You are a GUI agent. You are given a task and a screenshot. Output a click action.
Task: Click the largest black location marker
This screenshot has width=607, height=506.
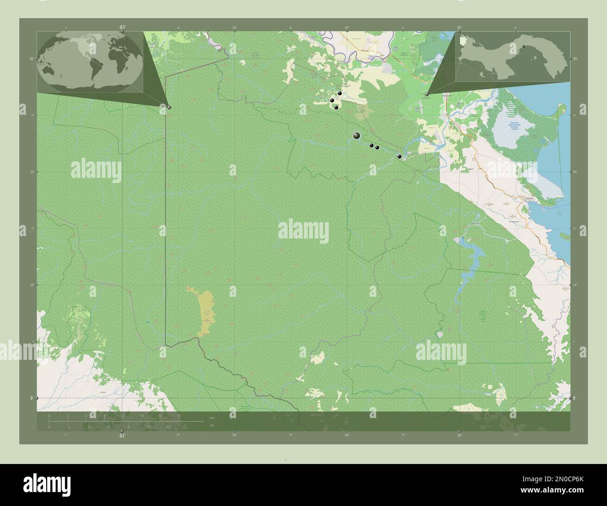click(357, 136)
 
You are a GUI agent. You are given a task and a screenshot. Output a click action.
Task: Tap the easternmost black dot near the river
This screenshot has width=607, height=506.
click(399, 156)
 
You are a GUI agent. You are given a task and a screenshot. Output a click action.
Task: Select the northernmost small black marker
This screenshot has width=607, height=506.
click(340, 94)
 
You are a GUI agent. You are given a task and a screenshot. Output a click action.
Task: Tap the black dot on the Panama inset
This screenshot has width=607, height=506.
click(523, 46)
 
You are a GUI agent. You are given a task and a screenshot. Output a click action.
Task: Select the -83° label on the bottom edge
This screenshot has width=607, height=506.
click(121, 436)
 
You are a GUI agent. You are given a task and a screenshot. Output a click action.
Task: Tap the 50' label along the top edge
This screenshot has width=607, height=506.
click(234, 28)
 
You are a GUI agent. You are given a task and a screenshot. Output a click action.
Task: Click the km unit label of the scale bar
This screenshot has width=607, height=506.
click(212, 417)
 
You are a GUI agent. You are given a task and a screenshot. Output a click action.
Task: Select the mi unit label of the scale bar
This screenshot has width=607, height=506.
click(212, 425)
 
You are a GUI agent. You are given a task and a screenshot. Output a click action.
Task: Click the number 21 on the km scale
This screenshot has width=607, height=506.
click(179, 415)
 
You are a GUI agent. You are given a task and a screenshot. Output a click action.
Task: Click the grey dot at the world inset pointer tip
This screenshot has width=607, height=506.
click(169, 107)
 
